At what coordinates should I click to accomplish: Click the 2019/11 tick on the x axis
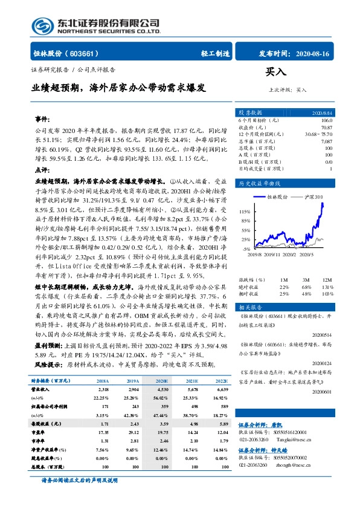click(x=266, y=255)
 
